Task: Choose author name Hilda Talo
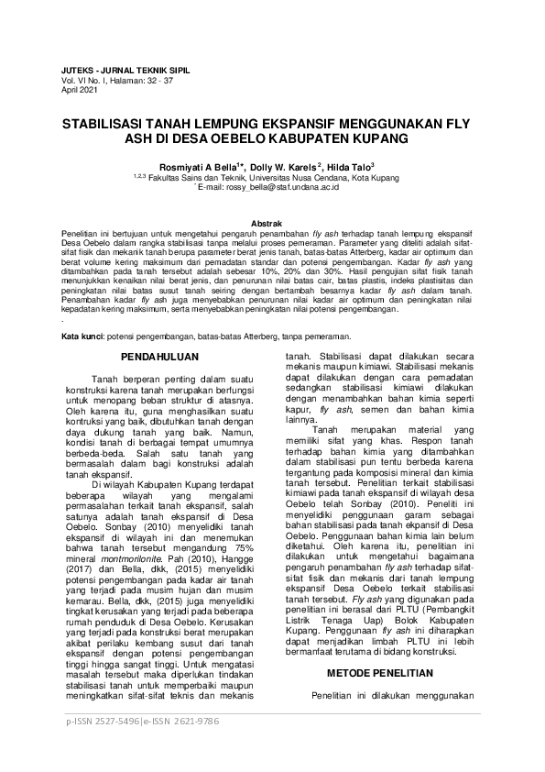[x=347, y=166]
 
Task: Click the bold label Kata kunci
[x=81, y=337]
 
